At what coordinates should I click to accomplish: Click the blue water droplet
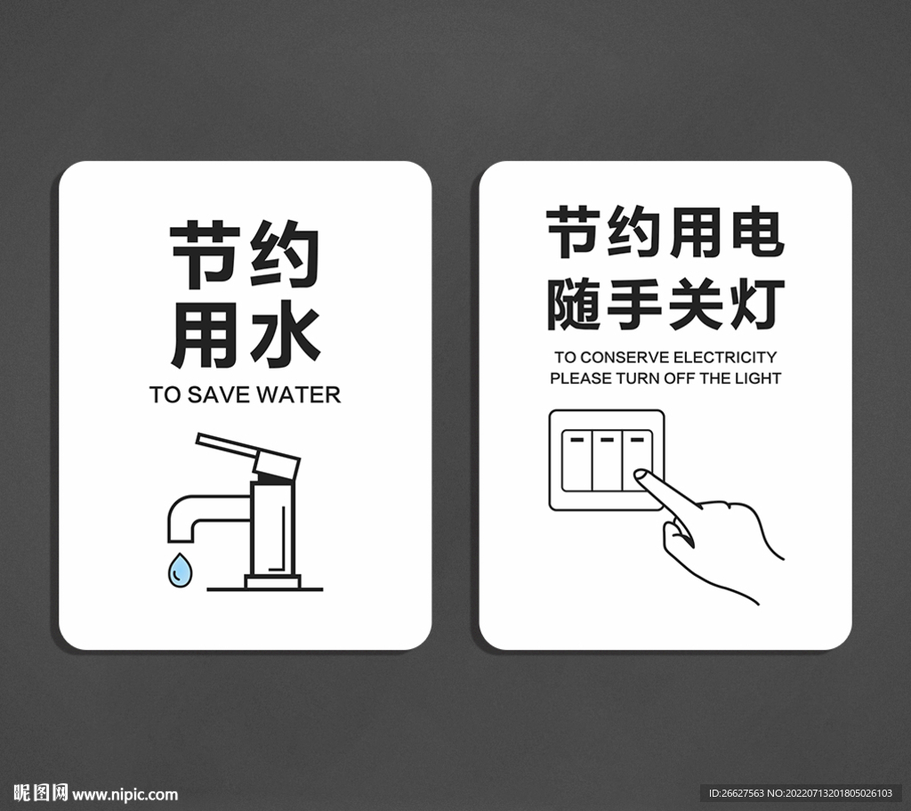pos(180,571)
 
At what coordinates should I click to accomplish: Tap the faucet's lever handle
pos(248,455)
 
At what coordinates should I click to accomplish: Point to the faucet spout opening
pos(180,540)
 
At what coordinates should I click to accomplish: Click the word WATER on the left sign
pos(298,394)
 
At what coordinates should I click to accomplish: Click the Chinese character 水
pos(286,337)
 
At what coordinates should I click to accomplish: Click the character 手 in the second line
pos(634,304)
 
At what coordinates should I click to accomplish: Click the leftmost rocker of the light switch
pos(576,461)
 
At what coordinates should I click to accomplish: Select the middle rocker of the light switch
pos(607,461)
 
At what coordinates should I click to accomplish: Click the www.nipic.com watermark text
pos(125,794)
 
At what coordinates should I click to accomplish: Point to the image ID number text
pos(801,793)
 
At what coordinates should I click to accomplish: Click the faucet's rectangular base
pos(272,581)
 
